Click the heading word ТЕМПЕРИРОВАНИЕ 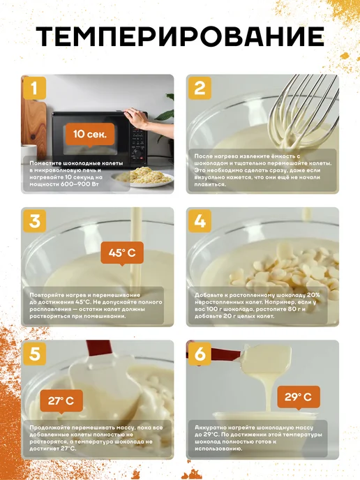coord(180,36)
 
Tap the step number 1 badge coord(34,88)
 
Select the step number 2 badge coord(200,88)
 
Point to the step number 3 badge coord(34,220)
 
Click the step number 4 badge coord(200,220)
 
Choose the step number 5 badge coord(34,354)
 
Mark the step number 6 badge coord(200,354)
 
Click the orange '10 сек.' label coord(90,134)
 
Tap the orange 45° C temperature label coord(122,253)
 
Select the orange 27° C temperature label coord(61,401)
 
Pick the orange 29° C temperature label coord(298,397)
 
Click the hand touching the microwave coord(137,118)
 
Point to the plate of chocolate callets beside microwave coord(142,177)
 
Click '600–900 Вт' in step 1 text coord(76,184)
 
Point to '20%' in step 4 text coord(313,295)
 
